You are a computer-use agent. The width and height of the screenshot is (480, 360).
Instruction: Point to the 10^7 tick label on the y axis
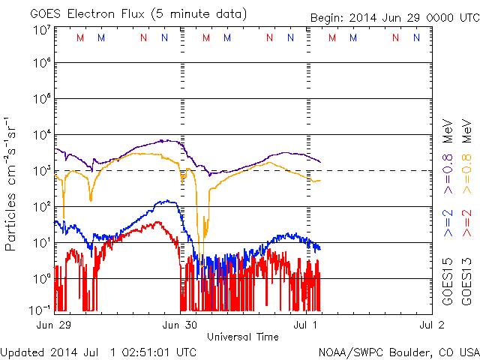(x=41, y=30)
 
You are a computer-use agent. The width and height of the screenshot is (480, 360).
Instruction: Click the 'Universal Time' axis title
(x=242, y=337)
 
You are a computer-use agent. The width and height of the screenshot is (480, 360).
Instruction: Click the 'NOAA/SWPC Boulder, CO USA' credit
(x=398, y=352)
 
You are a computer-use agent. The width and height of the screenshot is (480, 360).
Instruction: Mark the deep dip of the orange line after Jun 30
(x=200, y=244)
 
